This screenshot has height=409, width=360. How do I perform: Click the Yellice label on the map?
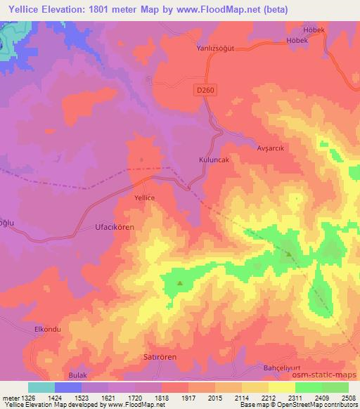pyautogui.click(x=144, y=198)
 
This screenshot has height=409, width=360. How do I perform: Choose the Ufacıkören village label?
pyautogui.click(x=113, y=227)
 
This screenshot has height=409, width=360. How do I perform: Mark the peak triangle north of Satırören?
pyautogui.click(x=179, y=284)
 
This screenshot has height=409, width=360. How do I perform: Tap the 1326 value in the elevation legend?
pyautogui.click(x=19, y=397)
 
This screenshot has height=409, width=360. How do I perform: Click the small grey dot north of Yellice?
pyautogui.click(x=142, y=160)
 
